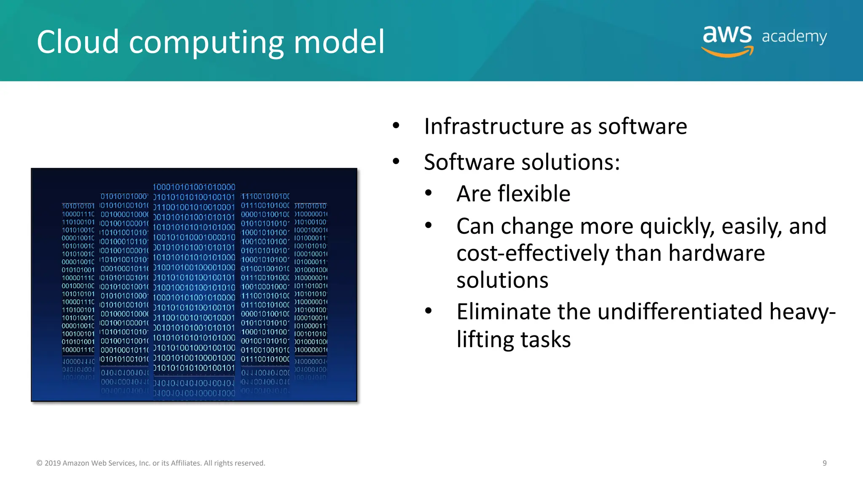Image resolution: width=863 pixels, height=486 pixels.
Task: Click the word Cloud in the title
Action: (x=78, y=42)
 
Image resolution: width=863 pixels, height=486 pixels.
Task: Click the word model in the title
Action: (x=339, y=42)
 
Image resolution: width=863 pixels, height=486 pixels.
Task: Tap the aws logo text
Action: (x=727, y=35)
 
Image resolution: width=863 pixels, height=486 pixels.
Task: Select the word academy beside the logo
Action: (x=794, y=37)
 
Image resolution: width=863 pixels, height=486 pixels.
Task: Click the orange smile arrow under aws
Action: (x=727, y=52)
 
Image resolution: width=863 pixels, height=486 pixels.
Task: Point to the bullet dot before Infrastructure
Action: (x=396, y=125)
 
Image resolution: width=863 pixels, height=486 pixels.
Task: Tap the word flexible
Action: (x=533, y=194)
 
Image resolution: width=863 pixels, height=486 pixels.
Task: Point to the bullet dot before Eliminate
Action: (x=429, y=311)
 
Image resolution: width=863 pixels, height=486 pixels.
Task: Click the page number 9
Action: (x=824, y=463)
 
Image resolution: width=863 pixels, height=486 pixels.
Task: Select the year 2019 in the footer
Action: (x=53, y=463)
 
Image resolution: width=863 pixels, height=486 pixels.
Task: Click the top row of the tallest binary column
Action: (x=194, y=187)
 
